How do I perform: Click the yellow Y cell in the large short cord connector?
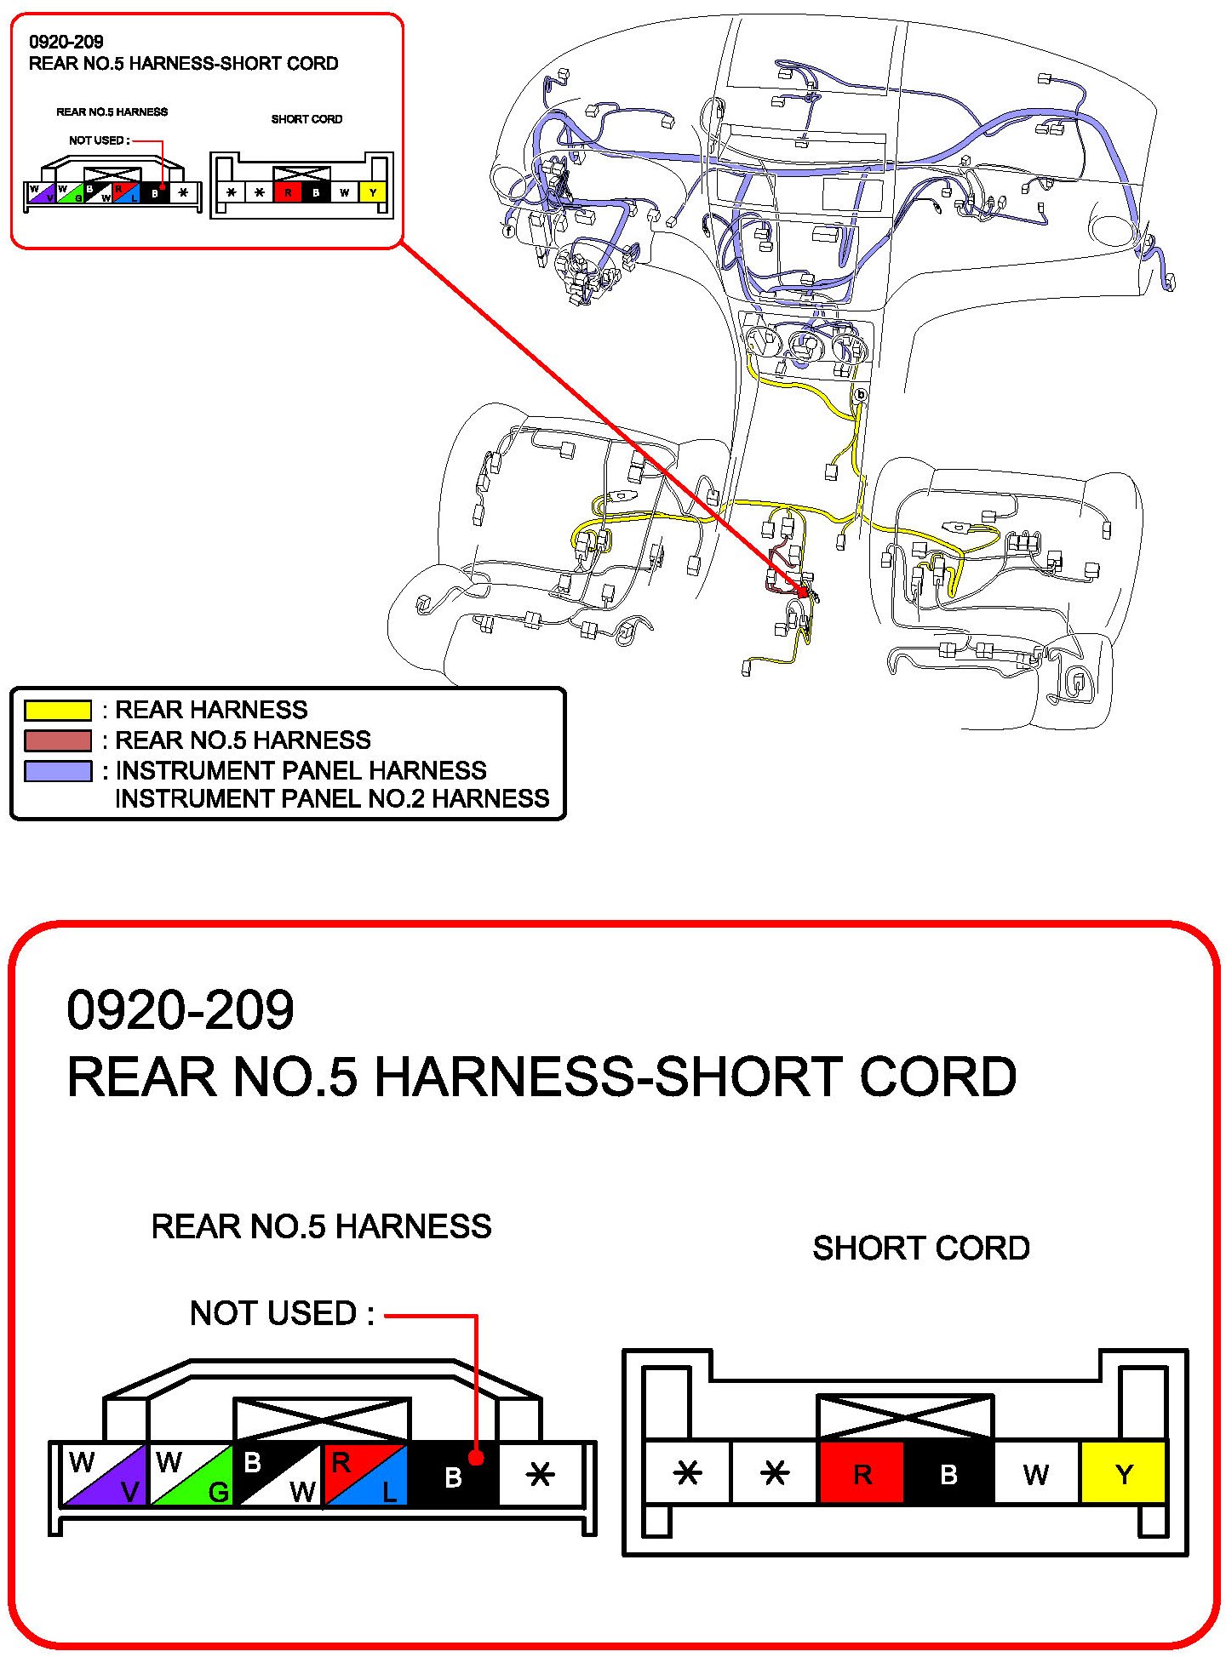click(1122, 1473)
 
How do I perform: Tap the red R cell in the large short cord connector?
click(862, 1473)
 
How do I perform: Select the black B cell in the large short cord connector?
click(948, 1473)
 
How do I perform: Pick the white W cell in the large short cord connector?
click(1035, 1473)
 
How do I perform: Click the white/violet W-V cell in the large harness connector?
click(105, 1475)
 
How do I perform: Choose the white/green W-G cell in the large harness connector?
click(192, 1475)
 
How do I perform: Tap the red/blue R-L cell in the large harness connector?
click(365, 1475)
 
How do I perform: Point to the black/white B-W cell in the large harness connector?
click(278, 1475)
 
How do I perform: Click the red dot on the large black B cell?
click(476, 1458)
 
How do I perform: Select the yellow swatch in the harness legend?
click(58, 710)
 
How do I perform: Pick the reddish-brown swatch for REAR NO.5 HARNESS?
click(58, 740)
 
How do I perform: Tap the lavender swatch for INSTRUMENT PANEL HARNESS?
click(58, 771)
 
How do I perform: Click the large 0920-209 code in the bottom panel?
click(180, 1010)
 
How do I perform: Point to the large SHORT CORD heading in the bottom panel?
click(920, 1248)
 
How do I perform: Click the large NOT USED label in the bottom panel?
click(282, 1313)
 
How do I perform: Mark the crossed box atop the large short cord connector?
click(905, 1417)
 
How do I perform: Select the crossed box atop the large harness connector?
click(322, 1420)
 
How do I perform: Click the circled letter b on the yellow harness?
click(860, 395)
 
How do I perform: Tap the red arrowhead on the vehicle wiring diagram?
click(802, 591)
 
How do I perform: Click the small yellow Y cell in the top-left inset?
click(372, 192)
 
